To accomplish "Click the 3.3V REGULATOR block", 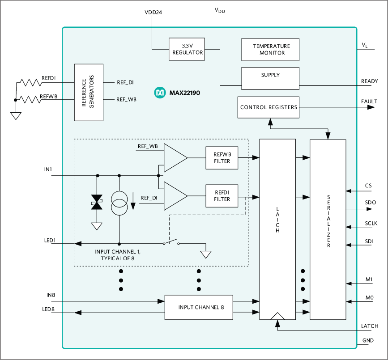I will (187, 49).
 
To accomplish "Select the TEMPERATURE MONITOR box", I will (271, 49).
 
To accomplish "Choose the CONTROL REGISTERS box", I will (269, 107).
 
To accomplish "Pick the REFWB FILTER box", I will (222, 157).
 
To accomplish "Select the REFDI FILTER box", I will (222, 195).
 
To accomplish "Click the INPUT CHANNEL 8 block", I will (199, 307).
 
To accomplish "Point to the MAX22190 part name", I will (183, 93).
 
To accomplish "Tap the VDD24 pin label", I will (153, 13).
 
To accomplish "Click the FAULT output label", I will (369, 102).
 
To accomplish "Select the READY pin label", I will (369, 81).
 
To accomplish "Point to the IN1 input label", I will (48, 170).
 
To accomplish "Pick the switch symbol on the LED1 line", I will (171, 243).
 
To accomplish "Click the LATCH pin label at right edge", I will (369, 326).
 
